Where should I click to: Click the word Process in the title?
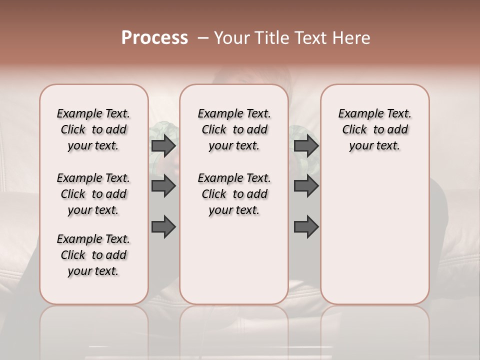tap(154, 38)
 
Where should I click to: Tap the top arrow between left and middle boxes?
tap(163, 145)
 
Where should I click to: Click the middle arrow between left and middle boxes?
tap(163, 186)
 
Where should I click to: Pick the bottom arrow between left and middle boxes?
tap(163, 227)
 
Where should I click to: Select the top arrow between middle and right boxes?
tap(306, 145)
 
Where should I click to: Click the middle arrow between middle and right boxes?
tap(306, 186)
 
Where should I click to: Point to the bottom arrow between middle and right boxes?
tap(306, 227)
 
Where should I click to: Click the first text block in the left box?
tap(93, 129)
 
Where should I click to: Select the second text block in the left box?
tap(93, 194)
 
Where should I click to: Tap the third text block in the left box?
tap(93, 255)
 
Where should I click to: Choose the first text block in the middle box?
tap(234, 129)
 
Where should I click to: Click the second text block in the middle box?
tap(234, 194)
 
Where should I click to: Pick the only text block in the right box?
tap(374, 129)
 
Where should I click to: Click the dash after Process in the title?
tap(203, 38)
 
